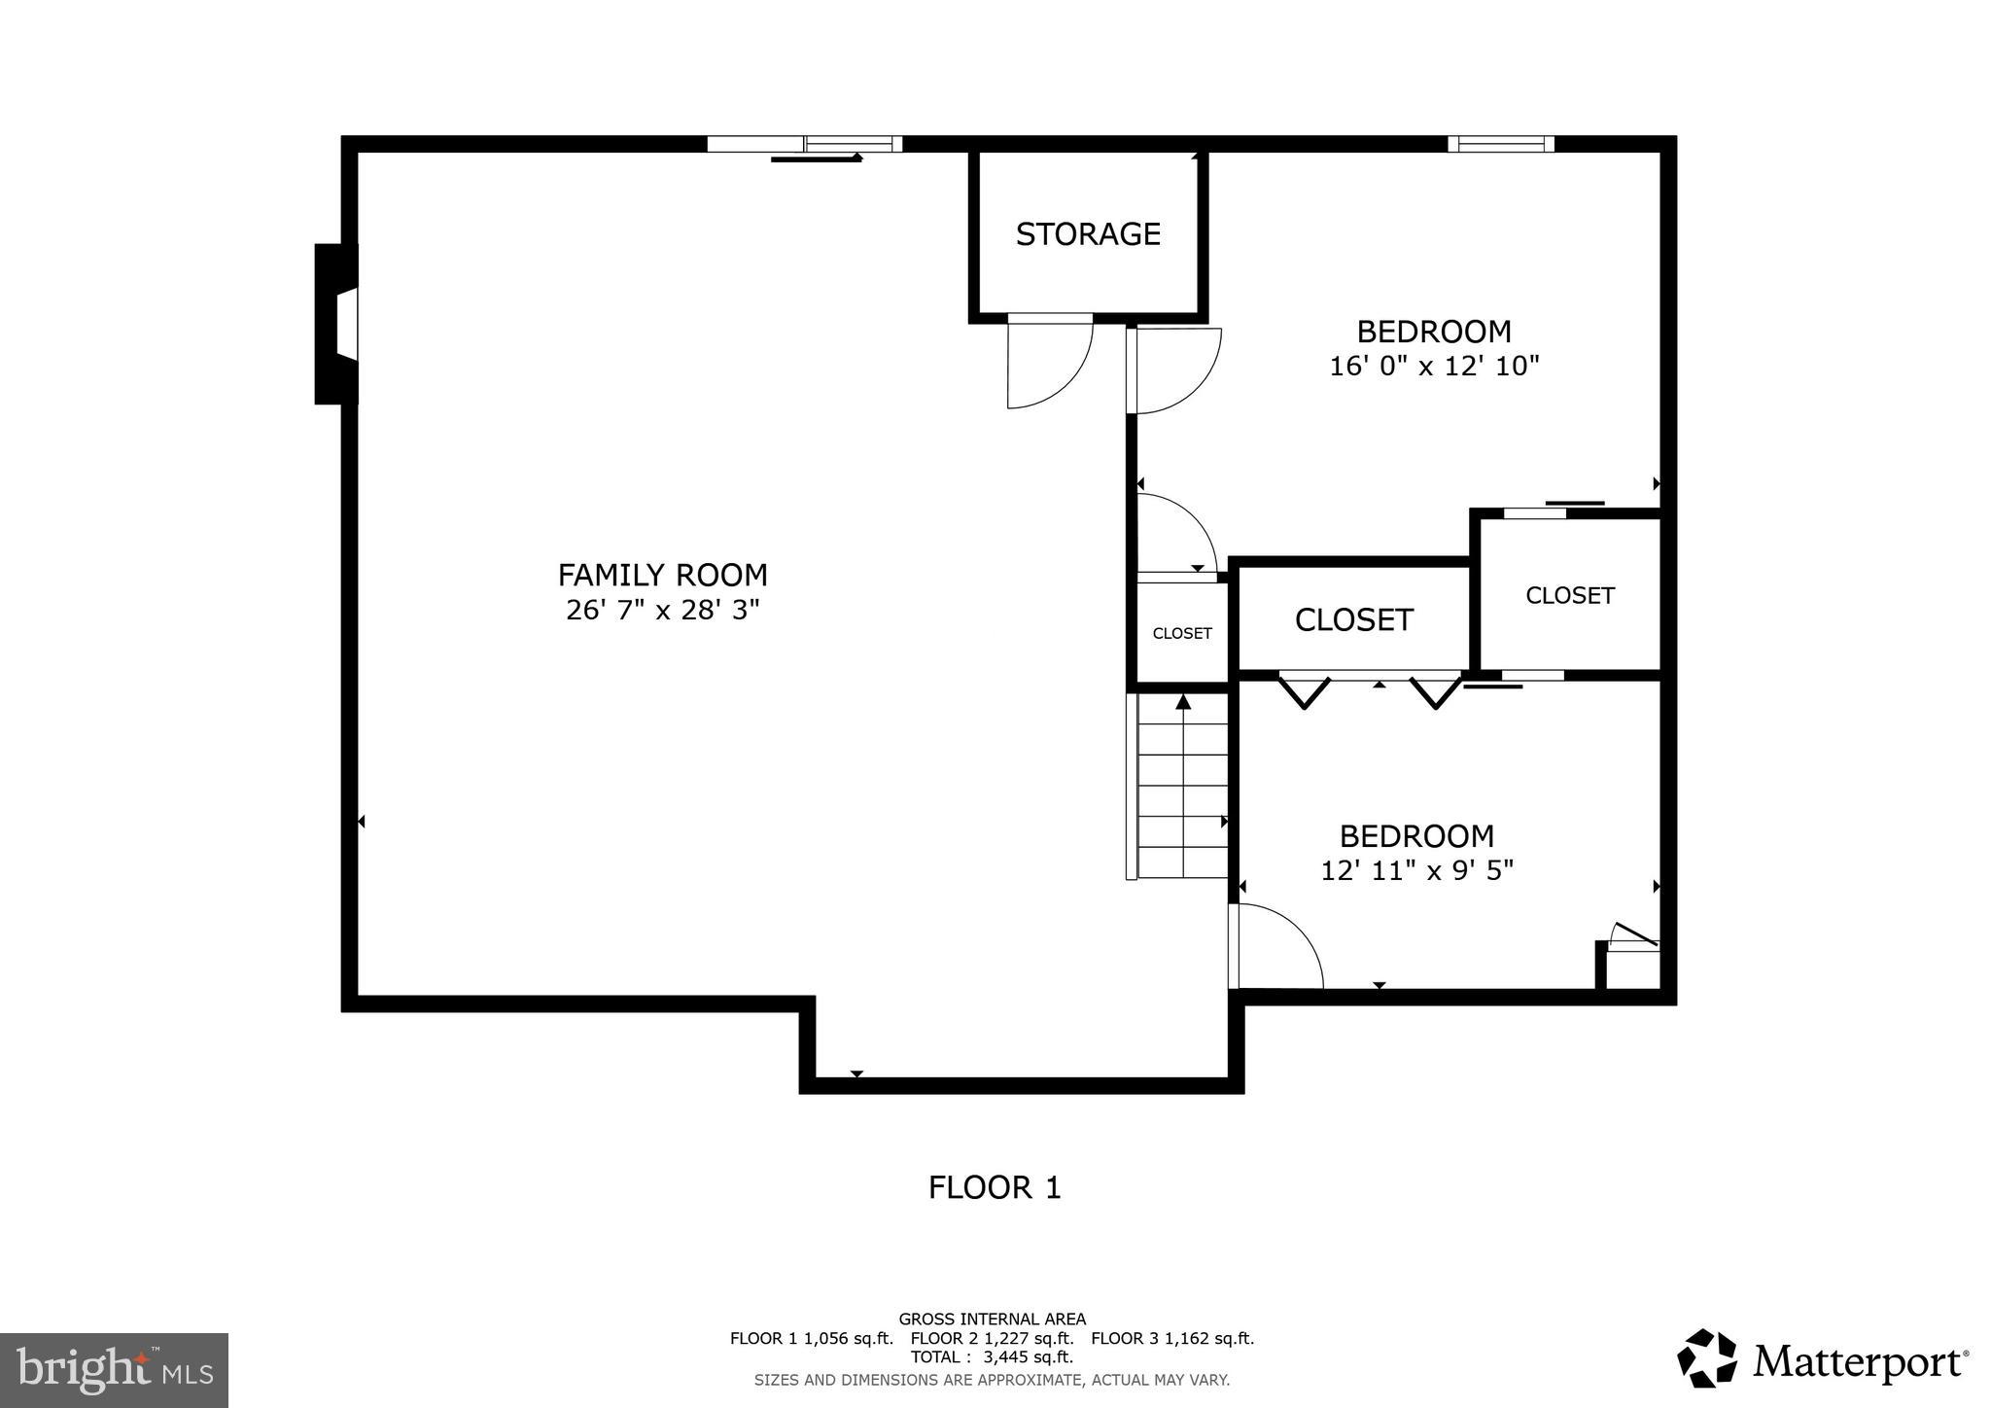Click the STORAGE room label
click(x=1088, y=234)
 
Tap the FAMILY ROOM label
click(x=662, y=576)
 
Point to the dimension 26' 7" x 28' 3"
click(x=662, y=611)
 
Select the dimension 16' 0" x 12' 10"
click(x=1434, y=367)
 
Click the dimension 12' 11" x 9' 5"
click(x=1416, y=870)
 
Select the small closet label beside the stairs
click(x=1182, y=634)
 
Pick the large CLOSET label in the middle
click(x=1353, y=620)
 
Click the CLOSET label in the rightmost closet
click(x=1569, y=596)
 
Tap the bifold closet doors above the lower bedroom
click(x=1371, y=690)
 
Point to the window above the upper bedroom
click(x=1500, y=144)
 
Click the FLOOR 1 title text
click(x=995, y=1187)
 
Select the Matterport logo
click(x=1823, y=1358)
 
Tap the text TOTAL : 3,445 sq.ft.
click(x=992, y=1357)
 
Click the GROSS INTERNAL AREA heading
click(x=992, y=1320)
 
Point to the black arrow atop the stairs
click(x=1183, y=702)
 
